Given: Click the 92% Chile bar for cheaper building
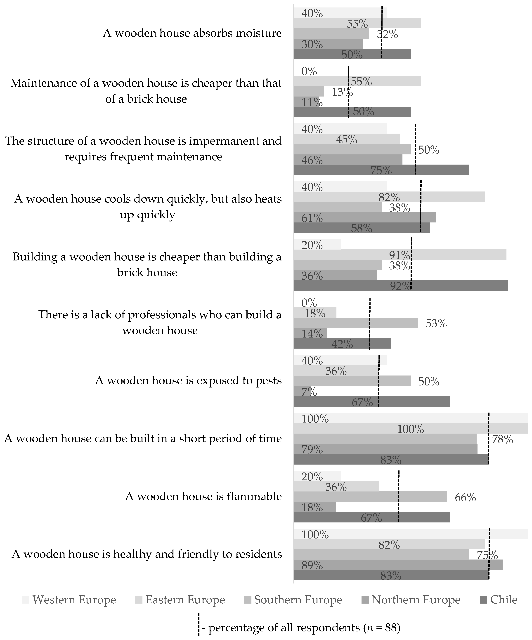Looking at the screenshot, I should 401,286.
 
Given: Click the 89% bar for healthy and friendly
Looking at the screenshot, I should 398,565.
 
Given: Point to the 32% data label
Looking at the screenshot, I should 387,34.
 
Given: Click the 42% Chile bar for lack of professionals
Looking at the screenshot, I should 342,343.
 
